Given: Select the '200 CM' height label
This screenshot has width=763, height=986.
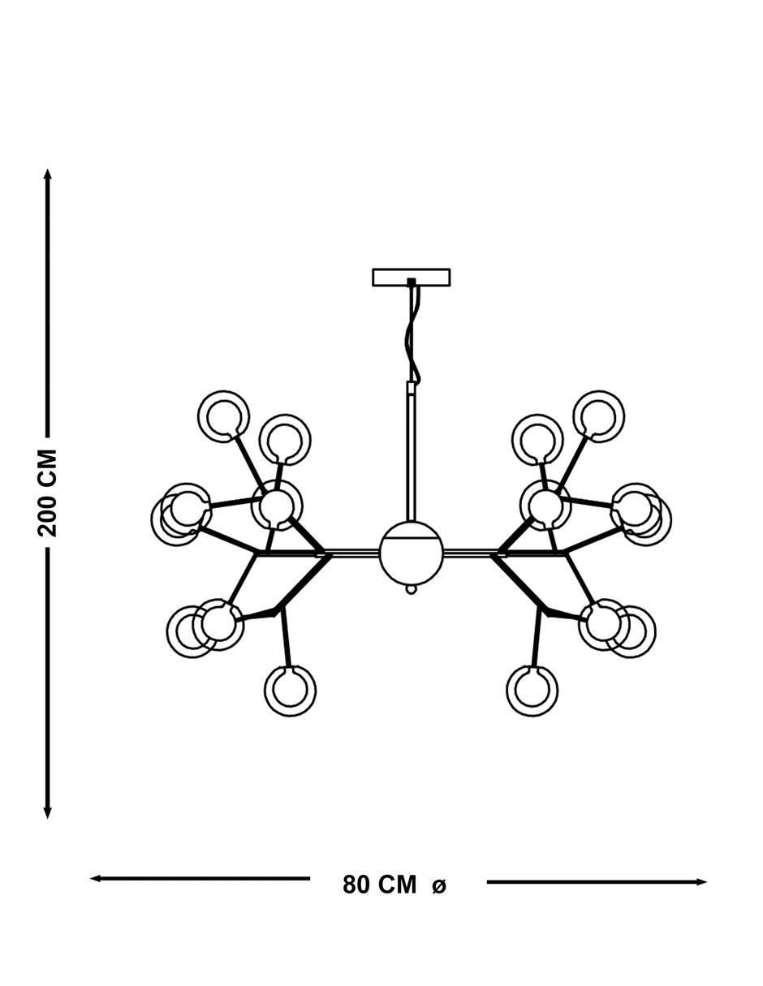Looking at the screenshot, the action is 47,493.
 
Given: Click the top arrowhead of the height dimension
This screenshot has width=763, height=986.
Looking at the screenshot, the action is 48,174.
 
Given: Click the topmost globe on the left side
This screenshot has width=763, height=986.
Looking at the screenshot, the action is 224,416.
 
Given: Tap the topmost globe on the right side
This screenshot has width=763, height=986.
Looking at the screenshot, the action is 599,416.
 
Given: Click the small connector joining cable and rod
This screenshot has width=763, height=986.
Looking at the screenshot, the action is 412,389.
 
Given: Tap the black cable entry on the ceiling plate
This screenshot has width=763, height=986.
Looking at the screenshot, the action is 412,282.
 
